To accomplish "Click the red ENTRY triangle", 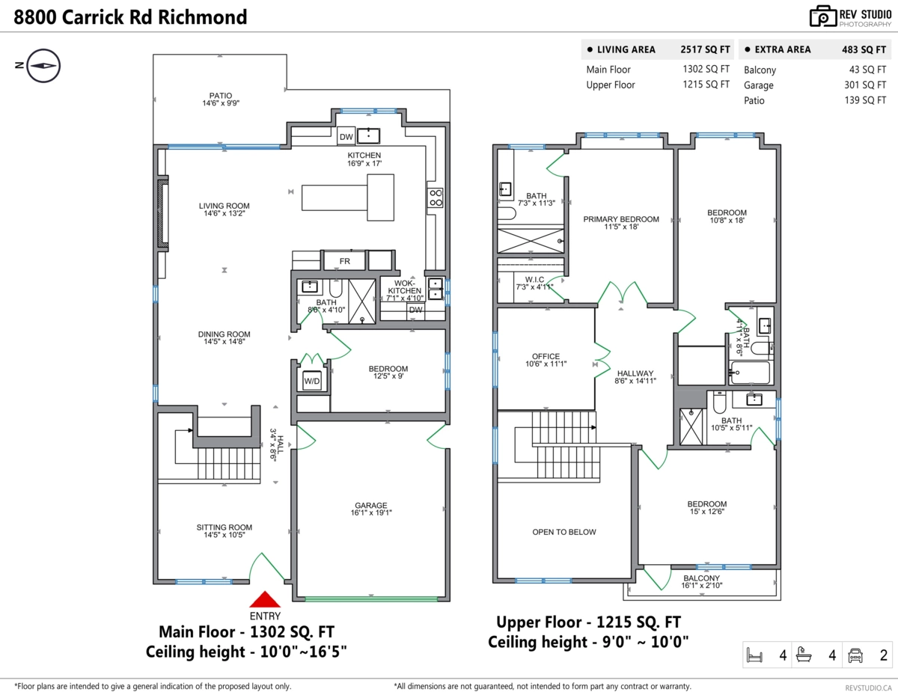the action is tap(265, 599).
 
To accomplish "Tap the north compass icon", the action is tap(43, 66).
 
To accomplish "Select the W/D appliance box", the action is tap(312, 381).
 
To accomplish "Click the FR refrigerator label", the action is tap(345, 261).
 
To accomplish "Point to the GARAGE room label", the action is tap(371, 505).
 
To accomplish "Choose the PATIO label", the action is tap(220, 96).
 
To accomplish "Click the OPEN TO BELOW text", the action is tap(564, 532).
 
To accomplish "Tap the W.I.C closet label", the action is tap(534, 280).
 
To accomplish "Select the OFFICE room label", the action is tap(546, 356).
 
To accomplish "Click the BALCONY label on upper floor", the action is tap(702, 578).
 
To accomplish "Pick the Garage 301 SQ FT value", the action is tap(865, 85).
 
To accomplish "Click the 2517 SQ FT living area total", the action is tap(705, 49).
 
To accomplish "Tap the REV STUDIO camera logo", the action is tap(822, 16).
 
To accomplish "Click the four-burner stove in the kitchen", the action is tap(436, 198).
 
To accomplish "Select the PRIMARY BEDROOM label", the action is tap(621, 219).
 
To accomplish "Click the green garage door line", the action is tap(371, 598).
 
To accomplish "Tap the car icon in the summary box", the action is tap(855, 655).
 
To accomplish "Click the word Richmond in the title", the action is tap(203, 17).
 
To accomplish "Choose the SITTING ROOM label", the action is tap(224, 527).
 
